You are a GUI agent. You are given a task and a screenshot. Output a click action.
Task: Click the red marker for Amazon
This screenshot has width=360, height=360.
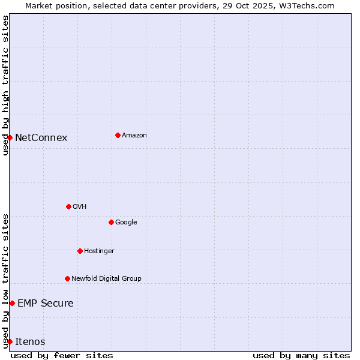point(118,135)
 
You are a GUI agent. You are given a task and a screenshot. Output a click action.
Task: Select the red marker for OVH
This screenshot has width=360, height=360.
point(68,206)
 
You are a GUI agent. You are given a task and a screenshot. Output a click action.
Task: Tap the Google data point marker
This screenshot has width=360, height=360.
point(111,222)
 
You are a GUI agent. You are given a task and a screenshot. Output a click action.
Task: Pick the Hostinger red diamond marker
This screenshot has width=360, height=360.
point(80,251)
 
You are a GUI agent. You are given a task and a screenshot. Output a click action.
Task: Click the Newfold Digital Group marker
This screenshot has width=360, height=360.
point(67,278)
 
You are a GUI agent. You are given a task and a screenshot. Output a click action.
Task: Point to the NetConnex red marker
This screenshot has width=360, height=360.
point(10,137)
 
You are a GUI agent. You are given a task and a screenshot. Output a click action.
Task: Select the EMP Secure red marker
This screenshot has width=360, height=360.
point(12,303)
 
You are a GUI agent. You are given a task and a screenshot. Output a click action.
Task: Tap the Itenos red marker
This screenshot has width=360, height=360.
point(10,341)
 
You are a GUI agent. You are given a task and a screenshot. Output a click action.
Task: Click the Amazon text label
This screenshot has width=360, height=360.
point(134,136)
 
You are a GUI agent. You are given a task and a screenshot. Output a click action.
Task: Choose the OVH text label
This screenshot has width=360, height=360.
point(80,207)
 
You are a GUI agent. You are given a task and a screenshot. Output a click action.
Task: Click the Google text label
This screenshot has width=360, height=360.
point(126,223)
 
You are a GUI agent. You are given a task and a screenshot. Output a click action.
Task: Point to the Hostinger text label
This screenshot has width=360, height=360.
point(99,251)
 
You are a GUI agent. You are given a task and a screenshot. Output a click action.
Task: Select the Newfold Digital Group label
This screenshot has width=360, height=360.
point(106,279)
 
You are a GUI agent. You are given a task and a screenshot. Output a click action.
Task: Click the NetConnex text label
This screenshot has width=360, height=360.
point(41,138)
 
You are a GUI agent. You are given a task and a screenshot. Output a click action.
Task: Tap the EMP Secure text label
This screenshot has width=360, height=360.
point(46,304)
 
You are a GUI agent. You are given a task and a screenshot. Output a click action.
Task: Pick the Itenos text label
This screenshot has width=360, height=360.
point(30,342)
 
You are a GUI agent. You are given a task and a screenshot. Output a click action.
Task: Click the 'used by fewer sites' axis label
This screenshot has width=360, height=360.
point(62,355)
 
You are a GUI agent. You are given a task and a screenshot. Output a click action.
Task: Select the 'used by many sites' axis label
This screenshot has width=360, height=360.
point(301,355)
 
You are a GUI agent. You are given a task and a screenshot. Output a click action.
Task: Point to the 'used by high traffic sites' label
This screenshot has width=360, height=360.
point(5,85)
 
